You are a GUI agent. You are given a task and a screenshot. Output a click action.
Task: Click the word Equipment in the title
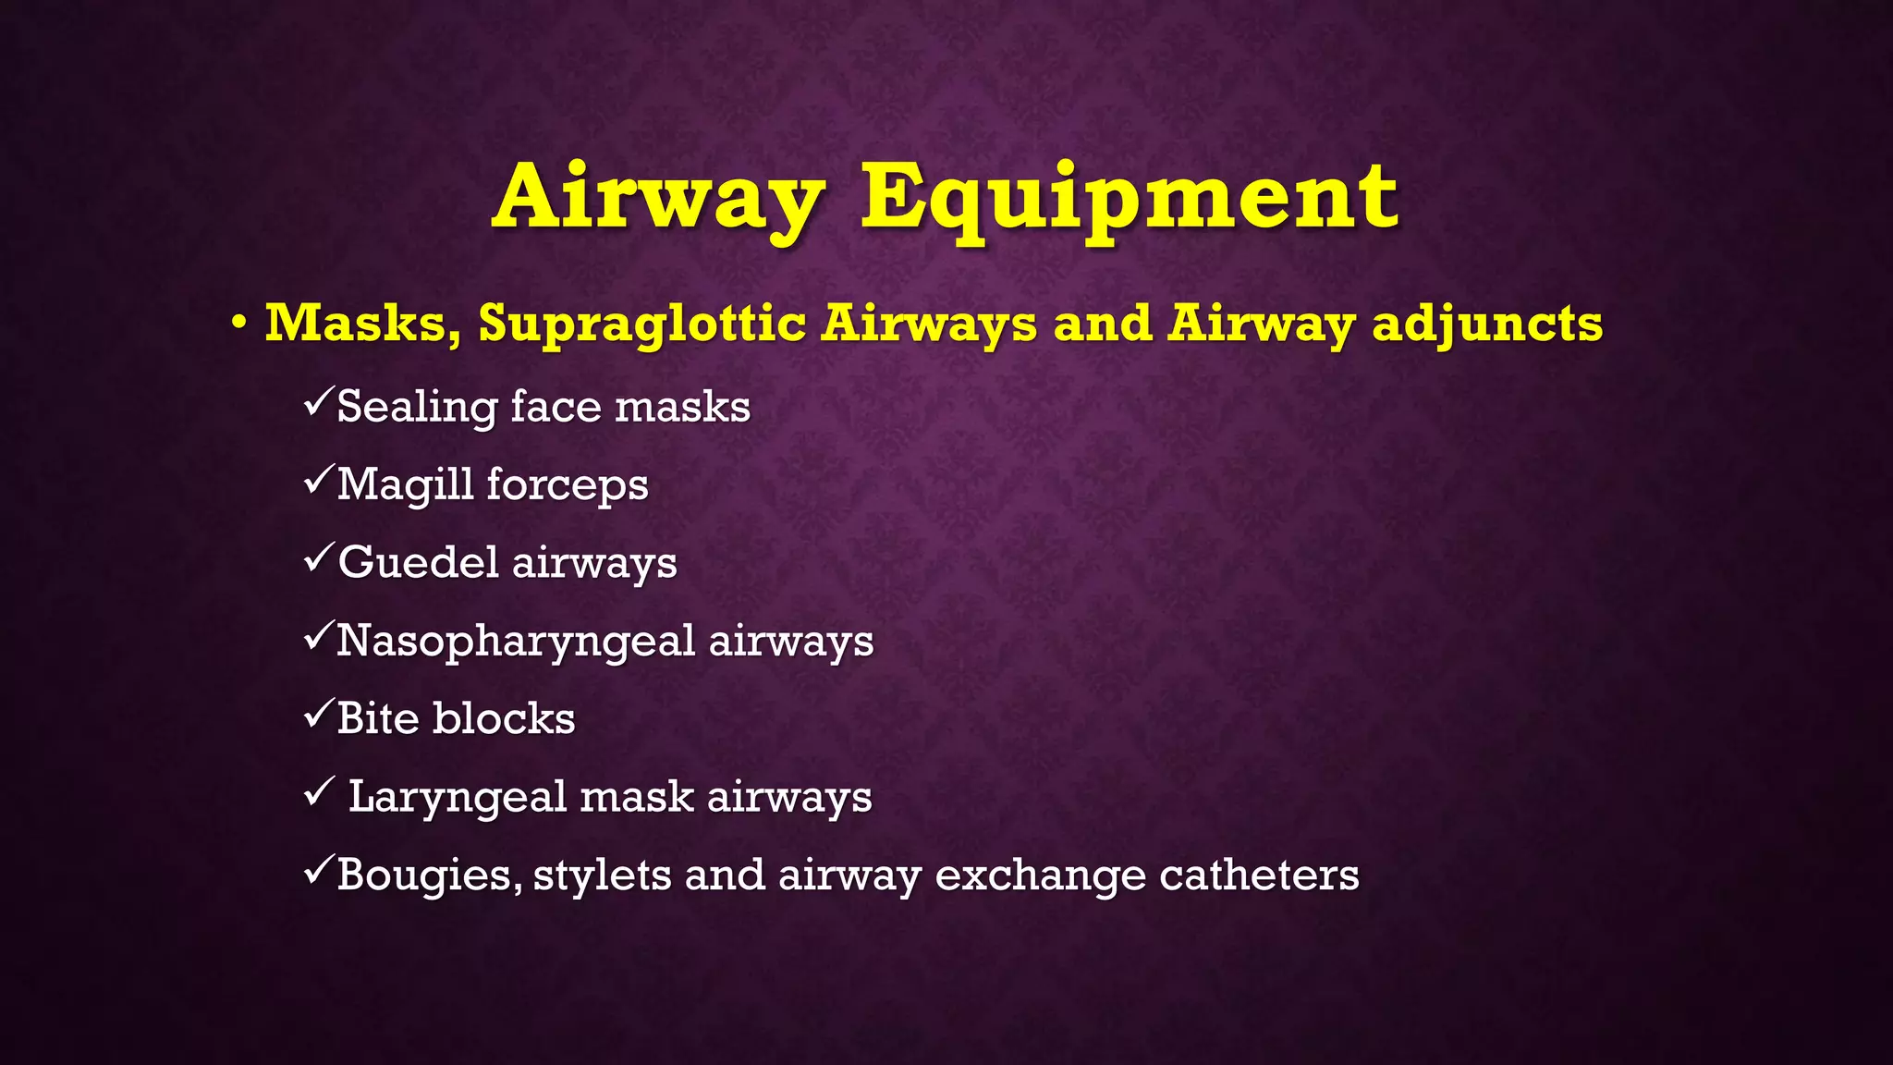pos(1130,198)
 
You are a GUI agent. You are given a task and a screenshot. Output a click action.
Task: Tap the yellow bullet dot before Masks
pos(239,324)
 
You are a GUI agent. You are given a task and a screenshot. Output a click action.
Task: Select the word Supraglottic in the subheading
pos(642,324)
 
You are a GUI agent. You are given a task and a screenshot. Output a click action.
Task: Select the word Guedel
pos(418,562)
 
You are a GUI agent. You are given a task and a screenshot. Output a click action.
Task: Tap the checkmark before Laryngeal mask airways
pos(317,792)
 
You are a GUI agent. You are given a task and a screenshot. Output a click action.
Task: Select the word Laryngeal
pos(457,798)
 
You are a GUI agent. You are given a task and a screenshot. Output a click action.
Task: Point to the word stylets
pos(602,875)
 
